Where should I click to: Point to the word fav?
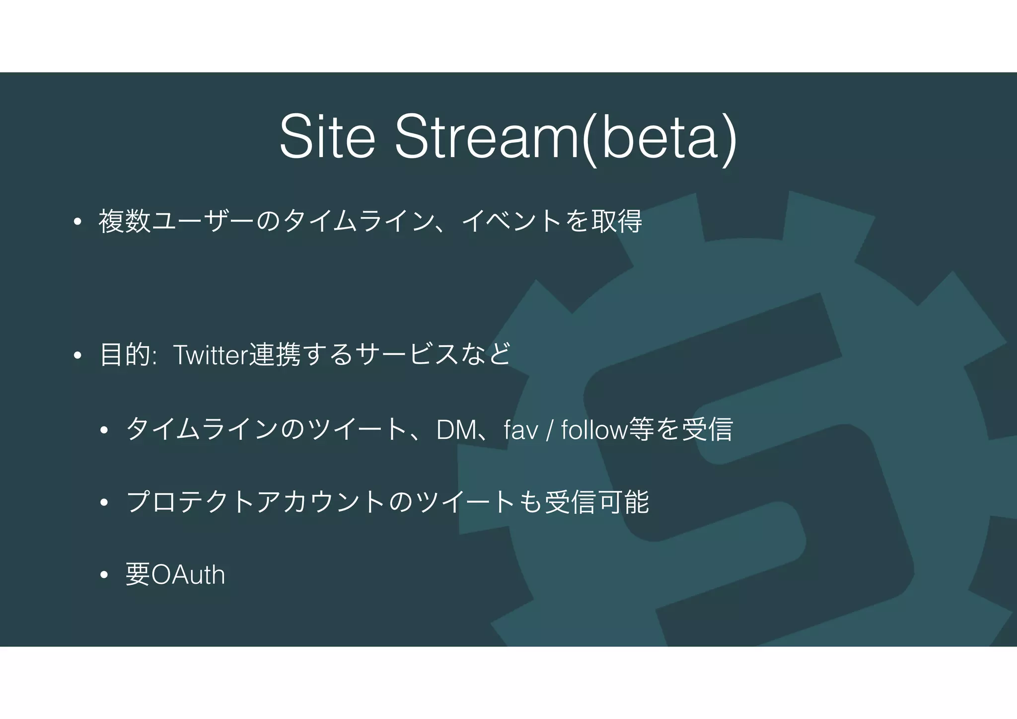tap(521, 430)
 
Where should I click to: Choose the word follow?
tap(594, 430)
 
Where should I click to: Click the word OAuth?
tap(188, 575)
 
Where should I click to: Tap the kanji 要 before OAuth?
tap(138, 575)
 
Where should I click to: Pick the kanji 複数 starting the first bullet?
tap(125, 222)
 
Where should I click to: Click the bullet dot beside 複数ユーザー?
tap(76, 222)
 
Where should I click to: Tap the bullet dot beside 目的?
tap(76, 356)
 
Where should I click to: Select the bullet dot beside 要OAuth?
tap(103, 575)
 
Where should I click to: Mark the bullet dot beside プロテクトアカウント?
tap(103, 503)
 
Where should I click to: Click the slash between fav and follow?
tap(549, 430)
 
